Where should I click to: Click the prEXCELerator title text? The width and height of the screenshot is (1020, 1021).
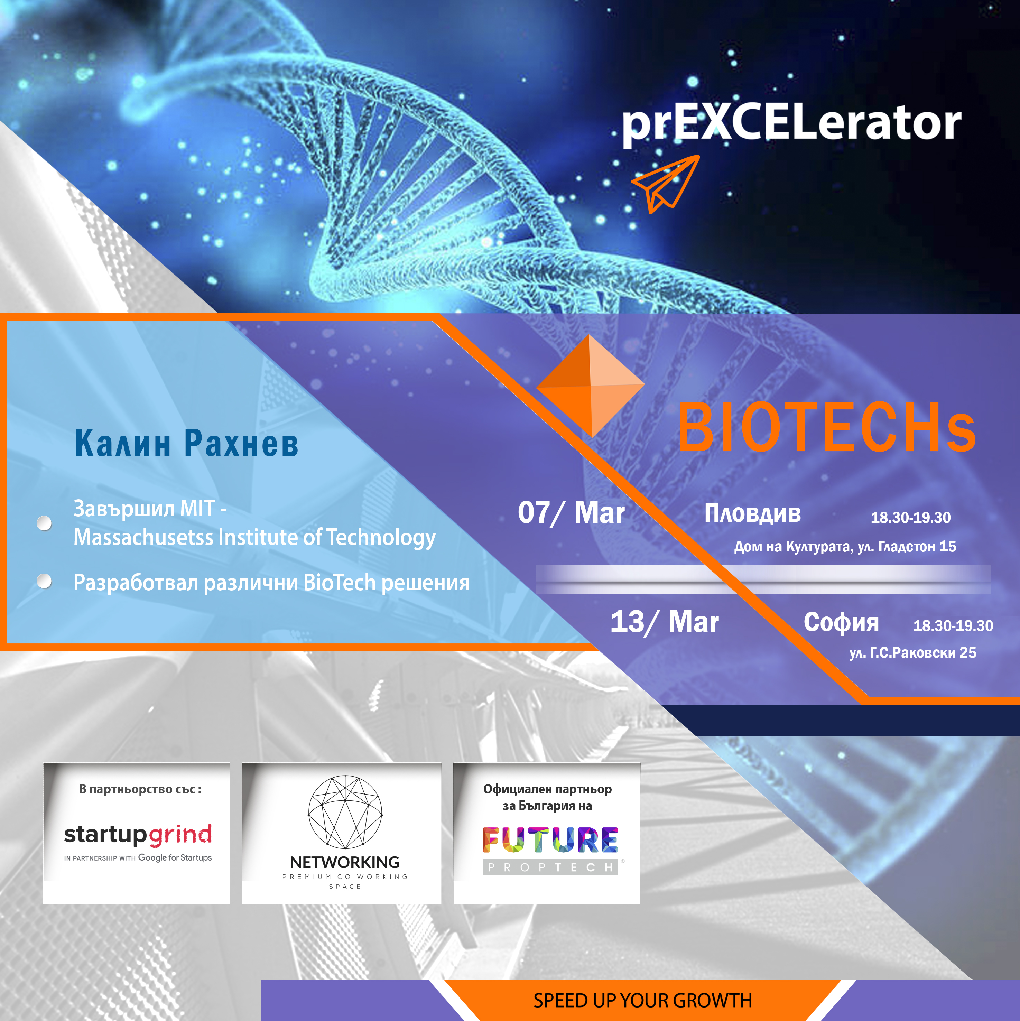(x=791, y=124)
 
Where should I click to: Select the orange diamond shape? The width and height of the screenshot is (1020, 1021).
(x=590, y=386)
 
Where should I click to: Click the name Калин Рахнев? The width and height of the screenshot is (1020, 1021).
(x=187, y=443)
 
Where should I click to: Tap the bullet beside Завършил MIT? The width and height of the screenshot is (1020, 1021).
(x=44, y=523)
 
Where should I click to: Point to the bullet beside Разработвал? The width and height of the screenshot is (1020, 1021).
(x=44, y=581)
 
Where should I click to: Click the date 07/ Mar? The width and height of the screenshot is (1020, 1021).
(x=571, y=513)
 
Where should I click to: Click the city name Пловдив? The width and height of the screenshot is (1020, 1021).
(x=753, y=513)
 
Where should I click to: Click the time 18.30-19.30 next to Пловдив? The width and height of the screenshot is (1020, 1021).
(x=911, y=517)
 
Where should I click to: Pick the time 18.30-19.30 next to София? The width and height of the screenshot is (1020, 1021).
(x=953, y=626)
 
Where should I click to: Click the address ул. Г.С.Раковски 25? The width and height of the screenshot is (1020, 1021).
(x=913, y=653)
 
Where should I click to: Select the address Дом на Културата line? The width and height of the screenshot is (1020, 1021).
(x=845, y=546)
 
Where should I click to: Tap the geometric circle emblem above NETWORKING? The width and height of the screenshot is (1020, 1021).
(x=345, y=812)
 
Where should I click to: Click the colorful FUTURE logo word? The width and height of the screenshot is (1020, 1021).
(x=550, y=840)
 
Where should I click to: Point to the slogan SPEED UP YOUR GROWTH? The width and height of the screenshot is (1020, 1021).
(x=643, y=1000)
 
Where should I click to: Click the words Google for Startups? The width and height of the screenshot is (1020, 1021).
(x=175, y=858)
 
